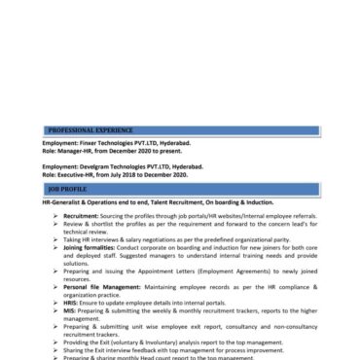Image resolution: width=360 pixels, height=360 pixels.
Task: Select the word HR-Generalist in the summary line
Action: click(x=64, y=201)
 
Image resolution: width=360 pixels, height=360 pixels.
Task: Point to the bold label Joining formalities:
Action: click(x=94, y=248)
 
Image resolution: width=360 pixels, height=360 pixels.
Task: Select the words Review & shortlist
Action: click(x=86, y=221)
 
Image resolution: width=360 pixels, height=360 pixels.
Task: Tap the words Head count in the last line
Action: click(x=157, y=357)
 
